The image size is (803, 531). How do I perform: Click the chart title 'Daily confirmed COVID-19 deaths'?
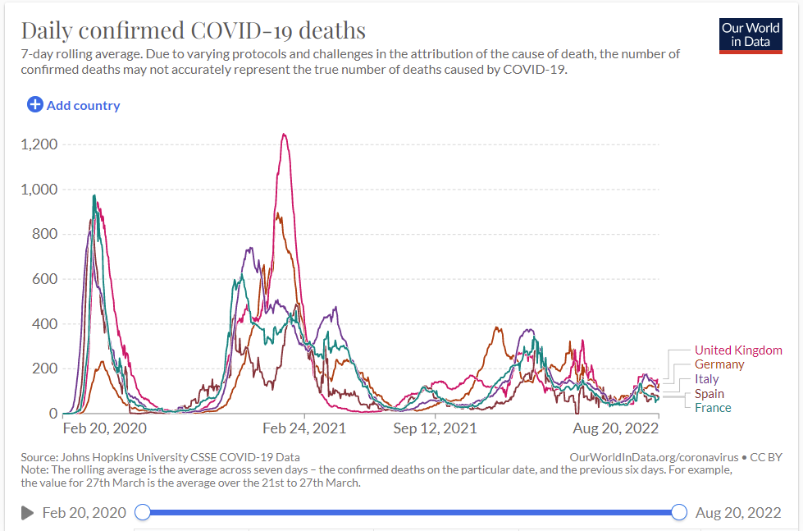193,30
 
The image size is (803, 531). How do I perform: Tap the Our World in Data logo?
751,34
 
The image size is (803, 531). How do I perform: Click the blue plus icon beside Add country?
35,105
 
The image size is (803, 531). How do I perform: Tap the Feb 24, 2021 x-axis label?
304,428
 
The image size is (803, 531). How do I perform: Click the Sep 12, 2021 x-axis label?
435,428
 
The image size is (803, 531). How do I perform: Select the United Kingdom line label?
738,350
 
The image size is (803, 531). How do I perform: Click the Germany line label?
719,364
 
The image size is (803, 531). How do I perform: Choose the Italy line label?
706,379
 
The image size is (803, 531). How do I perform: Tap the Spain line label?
709,394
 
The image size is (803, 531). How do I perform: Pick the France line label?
713,408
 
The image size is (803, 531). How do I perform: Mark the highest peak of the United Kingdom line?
284,135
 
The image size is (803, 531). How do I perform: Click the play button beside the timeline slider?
27,513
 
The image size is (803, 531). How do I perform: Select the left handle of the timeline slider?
143,513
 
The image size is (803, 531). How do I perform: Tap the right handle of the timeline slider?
679,513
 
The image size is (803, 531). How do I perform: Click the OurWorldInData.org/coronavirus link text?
652,457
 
